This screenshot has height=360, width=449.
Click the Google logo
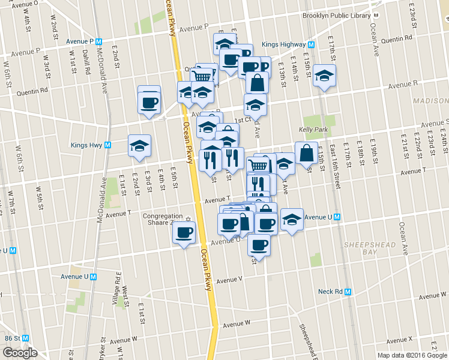coord(19,353)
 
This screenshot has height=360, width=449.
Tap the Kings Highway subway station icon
coord(312,44)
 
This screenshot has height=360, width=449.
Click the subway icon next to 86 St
coord(25,338)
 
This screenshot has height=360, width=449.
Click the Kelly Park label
coord(312,129)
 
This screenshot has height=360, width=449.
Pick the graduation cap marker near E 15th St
coord(324,76)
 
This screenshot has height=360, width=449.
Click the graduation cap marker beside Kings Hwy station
coord(140,146)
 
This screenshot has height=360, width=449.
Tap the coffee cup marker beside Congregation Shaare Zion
coord(184,232)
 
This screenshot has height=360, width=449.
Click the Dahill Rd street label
coord(88,61)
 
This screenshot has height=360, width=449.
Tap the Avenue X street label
coord(402,339)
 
